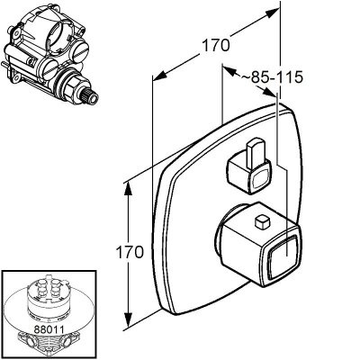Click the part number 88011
[x=49, y=329]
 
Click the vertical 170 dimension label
[x=130, y=252]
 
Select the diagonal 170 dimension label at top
[x=216, y=46]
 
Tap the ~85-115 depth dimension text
[x=273, y=77]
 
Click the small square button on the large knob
[x=263, y=221]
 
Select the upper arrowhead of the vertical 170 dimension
[x=129, y=190]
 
